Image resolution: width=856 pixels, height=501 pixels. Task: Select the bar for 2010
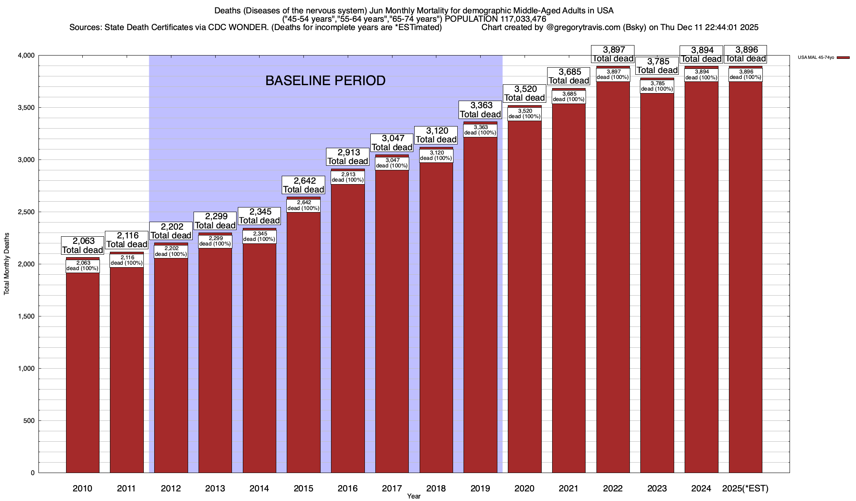click(83, 372)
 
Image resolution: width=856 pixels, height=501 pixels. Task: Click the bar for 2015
click(303, 342)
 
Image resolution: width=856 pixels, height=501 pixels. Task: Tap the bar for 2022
click(613, 276)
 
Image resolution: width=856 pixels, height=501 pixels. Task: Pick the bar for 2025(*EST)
click(745, 276)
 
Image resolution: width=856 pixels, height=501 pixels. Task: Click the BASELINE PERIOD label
click(325, 81)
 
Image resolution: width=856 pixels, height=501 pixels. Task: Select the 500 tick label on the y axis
click(29, 421)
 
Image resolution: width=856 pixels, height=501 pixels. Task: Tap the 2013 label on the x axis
click(215, 488)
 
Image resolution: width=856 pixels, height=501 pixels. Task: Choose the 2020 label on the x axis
click(524, 488)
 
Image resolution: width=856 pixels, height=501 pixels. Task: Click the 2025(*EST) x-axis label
click(745, 488)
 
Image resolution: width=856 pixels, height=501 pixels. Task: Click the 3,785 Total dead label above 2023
click(657, 66)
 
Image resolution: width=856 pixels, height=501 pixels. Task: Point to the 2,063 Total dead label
click(83, 245)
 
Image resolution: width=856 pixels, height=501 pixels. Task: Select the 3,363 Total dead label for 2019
click(480, 110)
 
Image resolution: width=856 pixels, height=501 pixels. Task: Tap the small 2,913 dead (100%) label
click(348, 177)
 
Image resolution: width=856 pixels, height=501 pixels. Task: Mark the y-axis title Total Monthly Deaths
click(7, 264)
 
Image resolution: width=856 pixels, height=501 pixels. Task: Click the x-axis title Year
click(414, 496)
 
